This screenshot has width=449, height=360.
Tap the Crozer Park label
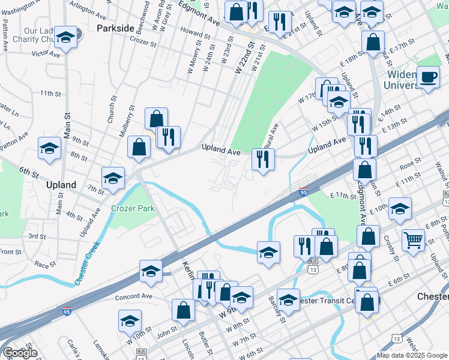133,209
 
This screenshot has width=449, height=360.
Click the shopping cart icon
414,240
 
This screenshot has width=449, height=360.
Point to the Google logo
20,353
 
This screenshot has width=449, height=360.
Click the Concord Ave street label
134,296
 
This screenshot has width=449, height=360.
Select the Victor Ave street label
46,53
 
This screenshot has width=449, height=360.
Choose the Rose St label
410,163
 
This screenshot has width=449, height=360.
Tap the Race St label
45,263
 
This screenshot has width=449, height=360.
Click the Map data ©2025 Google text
412,355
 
